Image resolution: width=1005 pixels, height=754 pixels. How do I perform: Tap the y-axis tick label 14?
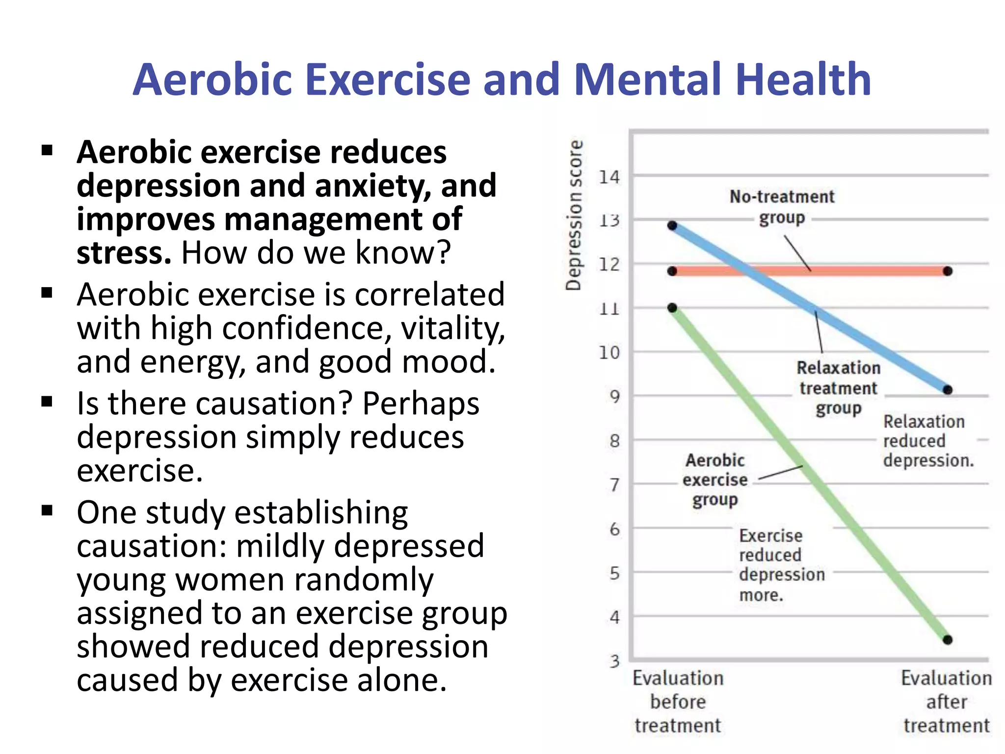click(609, 177)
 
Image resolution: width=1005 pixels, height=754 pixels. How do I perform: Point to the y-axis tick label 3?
click(614, 662)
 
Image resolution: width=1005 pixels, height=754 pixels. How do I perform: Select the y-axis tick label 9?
click(614, 397)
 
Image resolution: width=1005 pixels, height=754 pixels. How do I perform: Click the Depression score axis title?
click(574, 215)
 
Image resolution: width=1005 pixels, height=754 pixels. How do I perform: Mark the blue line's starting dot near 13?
click(672, 225)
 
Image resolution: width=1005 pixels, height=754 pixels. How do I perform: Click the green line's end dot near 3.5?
click(948, 640)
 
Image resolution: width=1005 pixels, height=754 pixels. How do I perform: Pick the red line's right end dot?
click(948, 271)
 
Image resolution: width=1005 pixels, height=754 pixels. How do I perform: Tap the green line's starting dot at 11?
click(672, 308)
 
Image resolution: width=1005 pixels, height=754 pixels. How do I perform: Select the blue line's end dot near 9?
click(948, 390)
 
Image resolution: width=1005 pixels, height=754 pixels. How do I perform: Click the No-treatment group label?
click(782, 207)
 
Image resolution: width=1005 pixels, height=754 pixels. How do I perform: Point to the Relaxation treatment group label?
click(838, 388)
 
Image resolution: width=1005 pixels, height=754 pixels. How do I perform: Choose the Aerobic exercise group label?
click(715, 480)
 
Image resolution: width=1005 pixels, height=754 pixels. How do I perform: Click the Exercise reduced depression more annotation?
click(781, 565)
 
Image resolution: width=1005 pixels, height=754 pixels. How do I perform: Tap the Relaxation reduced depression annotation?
click(927, 441)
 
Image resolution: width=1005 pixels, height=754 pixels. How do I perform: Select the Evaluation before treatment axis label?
click(678, 701)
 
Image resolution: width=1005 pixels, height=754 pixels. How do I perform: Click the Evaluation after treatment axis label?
click(946, 701)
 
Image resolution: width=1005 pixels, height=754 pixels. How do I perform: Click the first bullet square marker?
click(47, 150)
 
